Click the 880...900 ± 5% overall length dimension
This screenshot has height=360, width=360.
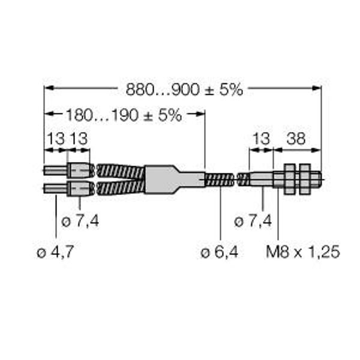[x=184, y=89]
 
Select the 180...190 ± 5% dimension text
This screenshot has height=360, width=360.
[x=124, y=115]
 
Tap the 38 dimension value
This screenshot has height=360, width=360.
[x=296, y=139]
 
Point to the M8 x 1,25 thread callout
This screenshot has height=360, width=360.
[x=303, y=252]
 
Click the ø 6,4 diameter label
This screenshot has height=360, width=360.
[x=219, y=253]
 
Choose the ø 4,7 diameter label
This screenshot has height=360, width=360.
[x=55, y=252]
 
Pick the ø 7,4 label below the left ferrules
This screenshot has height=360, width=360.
[x=80, y=221]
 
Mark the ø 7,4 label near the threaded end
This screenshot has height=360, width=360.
[x=253, y=221]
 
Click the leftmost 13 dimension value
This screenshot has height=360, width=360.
[x=56, y=139]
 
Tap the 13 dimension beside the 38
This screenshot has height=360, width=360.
[x=261, y=139]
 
